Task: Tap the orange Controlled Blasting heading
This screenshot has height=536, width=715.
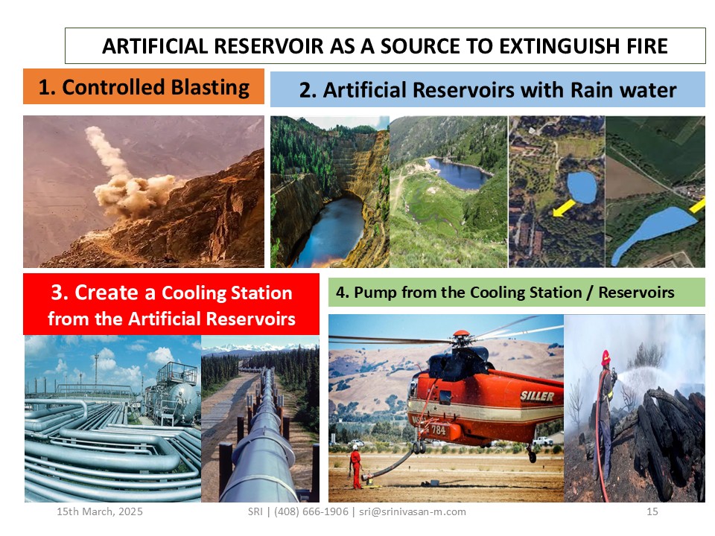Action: coord(144,86)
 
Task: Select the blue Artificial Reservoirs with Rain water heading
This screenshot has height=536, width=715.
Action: coord(487,89)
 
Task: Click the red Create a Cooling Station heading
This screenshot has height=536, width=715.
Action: coord(171,304)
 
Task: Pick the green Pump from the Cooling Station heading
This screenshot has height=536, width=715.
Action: coord(517,292)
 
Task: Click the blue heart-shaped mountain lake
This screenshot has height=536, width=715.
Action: coord(458,172)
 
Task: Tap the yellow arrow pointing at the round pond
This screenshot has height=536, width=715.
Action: coord(564,208)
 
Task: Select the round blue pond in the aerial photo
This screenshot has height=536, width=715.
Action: coord(582,188)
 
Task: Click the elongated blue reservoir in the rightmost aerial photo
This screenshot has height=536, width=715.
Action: coord(653,232)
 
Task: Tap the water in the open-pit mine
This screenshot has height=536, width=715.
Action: coord(329,232)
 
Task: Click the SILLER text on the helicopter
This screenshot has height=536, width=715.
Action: coord(537,395)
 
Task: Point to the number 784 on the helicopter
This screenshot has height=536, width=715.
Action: coord(438,430)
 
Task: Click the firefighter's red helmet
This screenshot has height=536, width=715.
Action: coord(606,358)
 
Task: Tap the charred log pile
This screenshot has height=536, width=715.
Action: coord(666,438)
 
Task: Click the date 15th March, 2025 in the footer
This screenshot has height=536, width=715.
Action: coord(100,511)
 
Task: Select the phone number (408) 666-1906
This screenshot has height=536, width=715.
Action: coord(311,511)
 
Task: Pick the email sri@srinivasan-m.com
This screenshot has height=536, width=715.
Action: coord(413,511)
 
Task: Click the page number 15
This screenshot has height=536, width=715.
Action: coord(652,511)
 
